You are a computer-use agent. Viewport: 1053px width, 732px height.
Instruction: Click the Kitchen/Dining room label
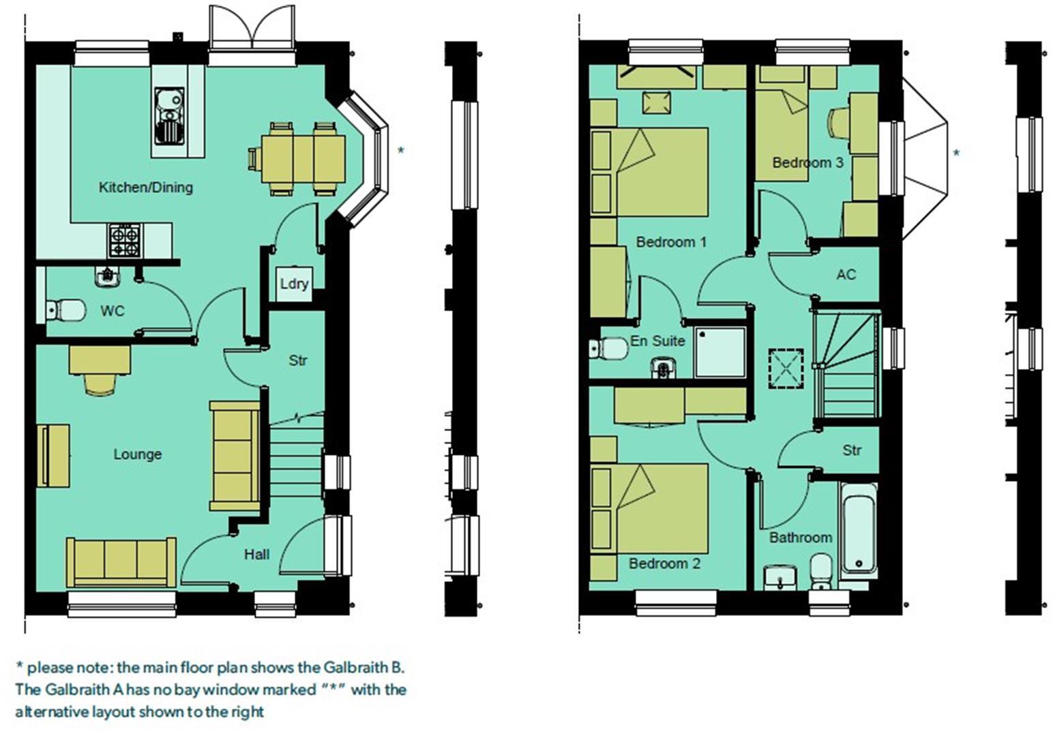145,187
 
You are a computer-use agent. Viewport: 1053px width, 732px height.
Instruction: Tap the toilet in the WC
67,310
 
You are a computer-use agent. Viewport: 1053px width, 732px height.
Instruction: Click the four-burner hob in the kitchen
125,241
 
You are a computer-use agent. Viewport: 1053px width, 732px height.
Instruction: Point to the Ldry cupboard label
294,283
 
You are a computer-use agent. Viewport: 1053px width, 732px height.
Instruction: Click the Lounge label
137,454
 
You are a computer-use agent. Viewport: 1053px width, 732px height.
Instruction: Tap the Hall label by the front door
256,555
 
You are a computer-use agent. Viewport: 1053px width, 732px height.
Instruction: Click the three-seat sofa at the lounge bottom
121,561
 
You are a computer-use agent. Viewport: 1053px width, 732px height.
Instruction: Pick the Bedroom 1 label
671,242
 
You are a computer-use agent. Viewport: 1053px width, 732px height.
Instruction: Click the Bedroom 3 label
807,162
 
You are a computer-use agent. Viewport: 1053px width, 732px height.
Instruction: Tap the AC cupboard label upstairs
846,275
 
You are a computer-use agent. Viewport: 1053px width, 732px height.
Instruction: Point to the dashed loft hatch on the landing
786,368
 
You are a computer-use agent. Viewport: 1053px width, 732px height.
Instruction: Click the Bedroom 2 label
664,563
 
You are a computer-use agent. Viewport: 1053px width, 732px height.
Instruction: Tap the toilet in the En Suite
610,349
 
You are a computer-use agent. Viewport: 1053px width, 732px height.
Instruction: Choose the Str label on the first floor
852,450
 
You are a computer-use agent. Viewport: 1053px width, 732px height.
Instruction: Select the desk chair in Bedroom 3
837,123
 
